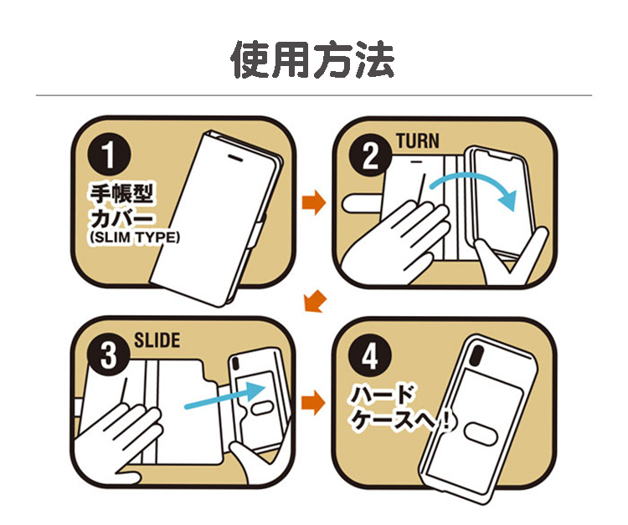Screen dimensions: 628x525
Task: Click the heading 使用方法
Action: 313,59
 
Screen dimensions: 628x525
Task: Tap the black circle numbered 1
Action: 109,155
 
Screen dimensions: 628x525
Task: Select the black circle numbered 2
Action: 370,155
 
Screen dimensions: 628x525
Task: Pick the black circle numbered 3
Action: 109,355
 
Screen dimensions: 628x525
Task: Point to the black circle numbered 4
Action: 370,355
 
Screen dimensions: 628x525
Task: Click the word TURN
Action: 418,141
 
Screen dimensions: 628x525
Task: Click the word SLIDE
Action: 157,340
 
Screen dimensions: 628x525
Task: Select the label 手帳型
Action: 121,194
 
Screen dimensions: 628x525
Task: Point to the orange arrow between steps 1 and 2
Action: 314,202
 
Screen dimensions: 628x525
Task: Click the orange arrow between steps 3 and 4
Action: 314,403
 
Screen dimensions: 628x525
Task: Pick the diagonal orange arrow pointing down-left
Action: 315,301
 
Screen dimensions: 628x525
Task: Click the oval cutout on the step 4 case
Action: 481,434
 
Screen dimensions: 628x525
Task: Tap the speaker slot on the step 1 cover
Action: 235,157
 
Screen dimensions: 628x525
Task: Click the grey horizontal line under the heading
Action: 314,95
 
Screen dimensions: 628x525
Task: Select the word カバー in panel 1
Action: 121,217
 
